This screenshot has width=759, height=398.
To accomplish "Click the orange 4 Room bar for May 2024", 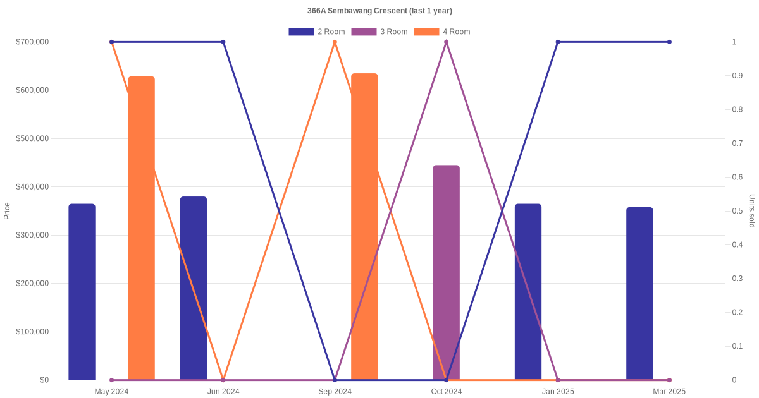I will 141,227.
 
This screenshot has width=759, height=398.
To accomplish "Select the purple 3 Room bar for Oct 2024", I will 446,272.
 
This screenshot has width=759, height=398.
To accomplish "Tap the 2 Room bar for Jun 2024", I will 194,288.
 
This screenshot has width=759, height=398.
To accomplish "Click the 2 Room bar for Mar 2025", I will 639,293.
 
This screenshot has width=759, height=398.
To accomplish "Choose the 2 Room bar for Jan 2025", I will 528,291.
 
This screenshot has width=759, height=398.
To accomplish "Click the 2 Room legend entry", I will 317,32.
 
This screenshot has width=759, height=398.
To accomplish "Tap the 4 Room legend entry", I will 442,32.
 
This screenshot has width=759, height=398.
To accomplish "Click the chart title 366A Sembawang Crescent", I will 379,11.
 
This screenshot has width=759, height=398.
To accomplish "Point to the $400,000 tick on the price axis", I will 32,187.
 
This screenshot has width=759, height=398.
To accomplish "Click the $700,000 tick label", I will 32,42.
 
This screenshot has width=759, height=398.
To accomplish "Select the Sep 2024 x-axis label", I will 335,392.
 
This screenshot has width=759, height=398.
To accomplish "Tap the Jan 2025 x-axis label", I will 558,392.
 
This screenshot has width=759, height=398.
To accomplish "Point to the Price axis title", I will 7,211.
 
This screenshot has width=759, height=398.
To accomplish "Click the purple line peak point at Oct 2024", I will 446,42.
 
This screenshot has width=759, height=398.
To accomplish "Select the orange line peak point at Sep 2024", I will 335,42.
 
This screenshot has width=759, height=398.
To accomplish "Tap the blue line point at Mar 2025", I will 669,42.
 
